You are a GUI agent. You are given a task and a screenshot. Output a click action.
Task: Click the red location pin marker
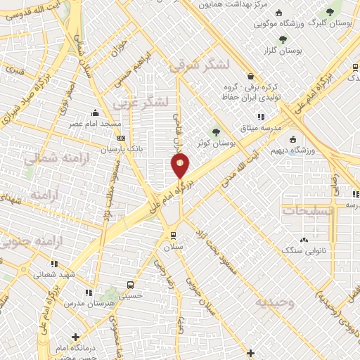(x=180, y=166)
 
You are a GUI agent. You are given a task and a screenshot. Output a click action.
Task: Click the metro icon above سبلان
(x=173, y=236)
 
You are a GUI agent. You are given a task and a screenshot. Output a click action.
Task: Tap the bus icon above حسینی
(x=131, y=285)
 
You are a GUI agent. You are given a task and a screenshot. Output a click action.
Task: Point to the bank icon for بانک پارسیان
(x=121, y=139)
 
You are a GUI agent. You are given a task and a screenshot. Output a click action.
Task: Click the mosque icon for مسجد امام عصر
(x=96, y=112)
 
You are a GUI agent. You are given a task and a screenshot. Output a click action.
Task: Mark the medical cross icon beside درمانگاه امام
(x=75, y=337)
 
